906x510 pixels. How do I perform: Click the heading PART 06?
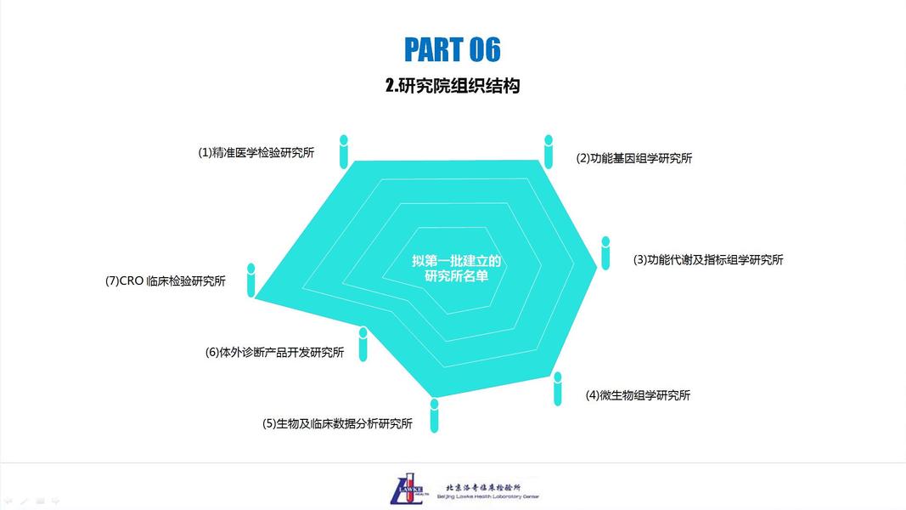click(452, 49)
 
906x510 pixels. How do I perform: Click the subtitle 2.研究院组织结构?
click(452, 86)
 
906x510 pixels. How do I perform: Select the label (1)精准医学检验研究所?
click(256, 153)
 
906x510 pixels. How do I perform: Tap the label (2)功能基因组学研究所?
click(634, 158)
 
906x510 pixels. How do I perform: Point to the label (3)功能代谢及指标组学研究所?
click(708, 260)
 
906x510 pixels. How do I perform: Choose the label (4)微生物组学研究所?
click(638, 395)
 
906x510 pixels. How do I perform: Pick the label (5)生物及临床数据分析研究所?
click(337, 423)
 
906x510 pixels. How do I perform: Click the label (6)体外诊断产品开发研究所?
click(274, 352)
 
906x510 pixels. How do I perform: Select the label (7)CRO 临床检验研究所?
click(166, 281)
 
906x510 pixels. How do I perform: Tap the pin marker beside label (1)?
click(343, 150)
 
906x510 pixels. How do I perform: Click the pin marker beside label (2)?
click(549, 150)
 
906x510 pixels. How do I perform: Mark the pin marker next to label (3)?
click(605, 252)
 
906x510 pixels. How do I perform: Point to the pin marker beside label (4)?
click(558, 388)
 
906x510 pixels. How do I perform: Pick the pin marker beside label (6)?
click(363, 343)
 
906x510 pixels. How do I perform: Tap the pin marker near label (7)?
click(251, 280)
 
